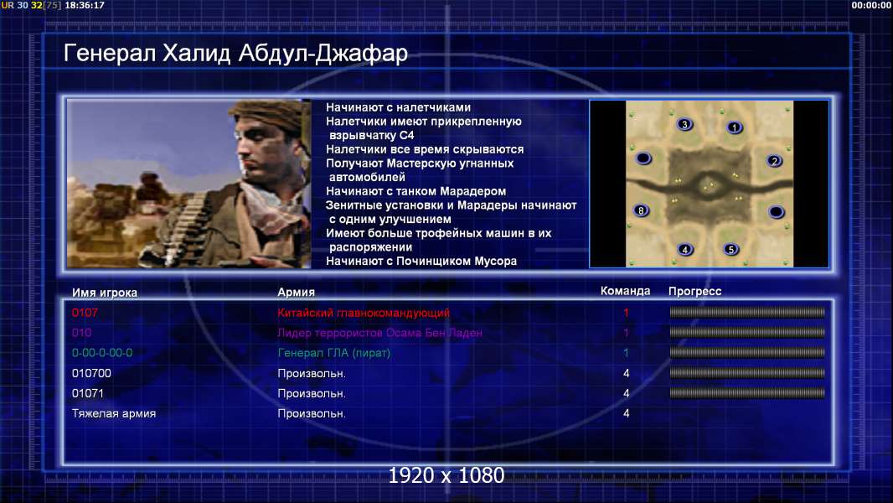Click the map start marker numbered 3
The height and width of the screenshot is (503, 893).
pyautogui.click(x=684, y=124)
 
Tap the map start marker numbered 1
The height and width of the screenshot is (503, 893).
pyautogui.click(x=735, y=127)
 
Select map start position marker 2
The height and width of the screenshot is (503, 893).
pyautogui.click(x=774, y=161)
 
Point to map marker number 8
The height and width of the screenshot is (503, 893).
pyautogui.click(x=641, y=210)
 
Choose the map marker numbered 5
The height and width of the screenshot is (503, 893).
pyautogui.click(x=730, y=249)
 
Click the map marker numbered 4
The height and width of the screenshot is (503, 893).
pyautogui.click(x=685, y=249)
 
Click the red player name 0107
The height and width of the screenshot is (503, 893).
pyautogui.click(x=85, y=313)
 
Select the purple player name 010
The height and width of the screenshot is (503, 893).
pyautogui.click(x=81, y=333)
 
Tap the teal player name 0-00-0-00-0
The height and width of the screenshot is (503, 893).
pyautogui.click(x=102, y=353)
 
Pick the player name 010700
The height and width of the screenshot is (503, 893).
pyautogui.click(x=91, y=374)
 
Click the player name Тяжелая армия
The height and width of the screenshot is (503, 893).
pyautogui.click(x=114, y=413)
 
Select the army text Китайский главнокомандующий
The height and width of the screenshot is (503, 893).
pyautogui.click(x=364, y=313)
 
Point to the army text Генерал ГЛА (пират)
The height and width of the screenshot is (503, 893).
pyautogui.click(x=333, y=353)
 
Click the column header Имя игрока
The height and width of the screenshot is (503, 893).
pyautogui.click(x=104, y=293)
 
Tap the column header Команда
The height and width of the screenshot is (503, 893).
pyautogui.click(x=625, y=291)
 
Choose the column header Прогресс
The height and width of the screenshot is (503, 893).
pyautogui.click(x=694, y=291)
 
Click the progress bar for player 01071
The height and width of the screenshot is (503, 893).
pyautogui.click(x=747, y=393)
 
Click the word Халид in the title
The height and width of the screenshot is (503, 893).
pyautogui.click(x=197, y=53)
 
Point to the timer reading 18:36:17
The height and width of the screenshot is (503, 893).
pyautogui.click(x=85, y=5)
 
